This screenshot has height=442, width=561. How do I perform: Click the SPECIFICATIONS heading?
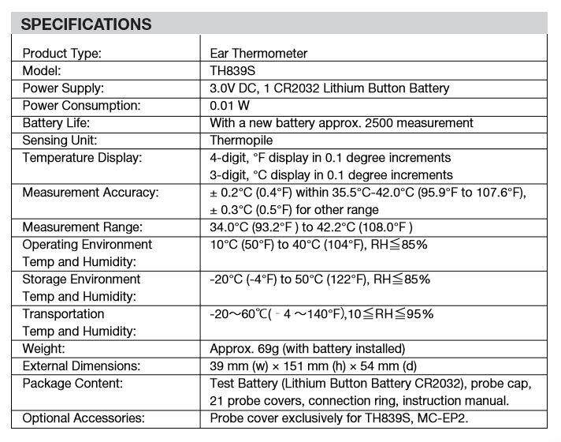(x=86, y=24)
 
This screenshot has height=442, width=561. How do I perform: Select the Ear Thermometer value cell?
(x=258, y=54)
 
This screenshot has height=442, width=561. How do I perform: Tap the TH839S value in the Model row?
(x=234, y=71)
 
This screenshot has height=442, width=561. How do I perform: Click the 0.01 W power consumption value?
(x=230, y=106)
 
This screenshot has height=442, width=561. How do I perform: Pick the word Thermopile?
(x=241, y=140)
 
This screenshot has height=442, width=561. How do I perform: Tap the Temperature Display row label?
(x=82, y=158)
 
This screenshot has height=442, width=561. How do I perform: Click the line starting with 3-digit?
(x=331, y=175)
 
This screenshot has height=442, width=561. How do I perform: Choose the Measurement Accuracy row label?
(x=90, y=193)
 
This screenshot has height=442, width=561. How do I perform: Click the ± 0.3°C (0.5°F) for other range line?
(x=294, y=210)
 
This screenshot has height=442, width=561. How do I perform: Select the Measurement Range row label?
(x=84, y=227)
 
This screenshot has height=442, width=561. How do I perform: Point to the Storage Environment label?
(x=81, y=279)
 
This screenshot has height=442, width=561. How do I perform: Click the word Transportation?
(x=63, y=314)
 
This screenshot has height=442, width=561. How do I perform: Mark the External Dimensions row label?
(x=81, y=366)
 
